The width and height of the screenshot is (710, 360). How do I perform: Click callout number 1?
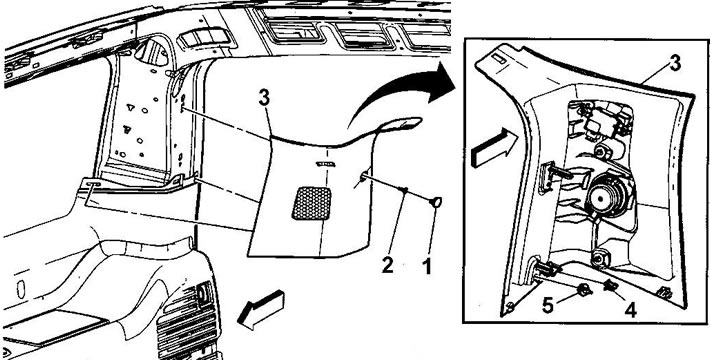427,266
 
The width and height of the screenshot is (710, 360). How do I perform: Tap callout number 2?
388,265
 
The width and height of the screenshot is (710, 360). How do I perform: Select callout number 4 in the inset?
630,310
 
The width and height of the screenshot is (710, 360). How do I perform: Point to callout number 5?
548,306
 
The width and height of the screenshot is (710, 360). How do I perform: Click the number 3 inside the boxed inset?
675,64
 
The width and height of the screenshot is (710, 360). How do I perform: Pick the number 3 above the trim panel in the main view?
264,98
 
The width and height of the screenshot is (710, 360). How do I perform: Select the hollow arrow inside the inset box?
493,147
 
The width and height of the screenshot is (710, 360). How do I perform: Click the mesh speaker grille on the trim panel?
312,203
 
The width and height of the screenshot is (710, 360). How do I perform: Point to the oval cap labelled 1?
437,202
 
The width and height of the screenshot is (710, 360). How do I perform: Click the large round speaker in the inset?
607,197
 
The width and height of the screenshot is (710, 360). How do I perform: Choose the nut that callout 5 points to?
583,290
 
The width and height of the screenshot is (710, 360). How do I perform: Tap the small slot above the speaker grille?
326,163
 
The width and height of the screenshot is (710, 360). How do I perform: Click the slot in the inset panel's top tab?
499,59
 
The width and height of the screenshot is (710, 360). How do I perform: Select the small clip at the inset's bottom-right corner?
665,293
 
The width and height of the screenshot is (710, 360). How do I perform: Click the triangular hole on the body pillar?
130,107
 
